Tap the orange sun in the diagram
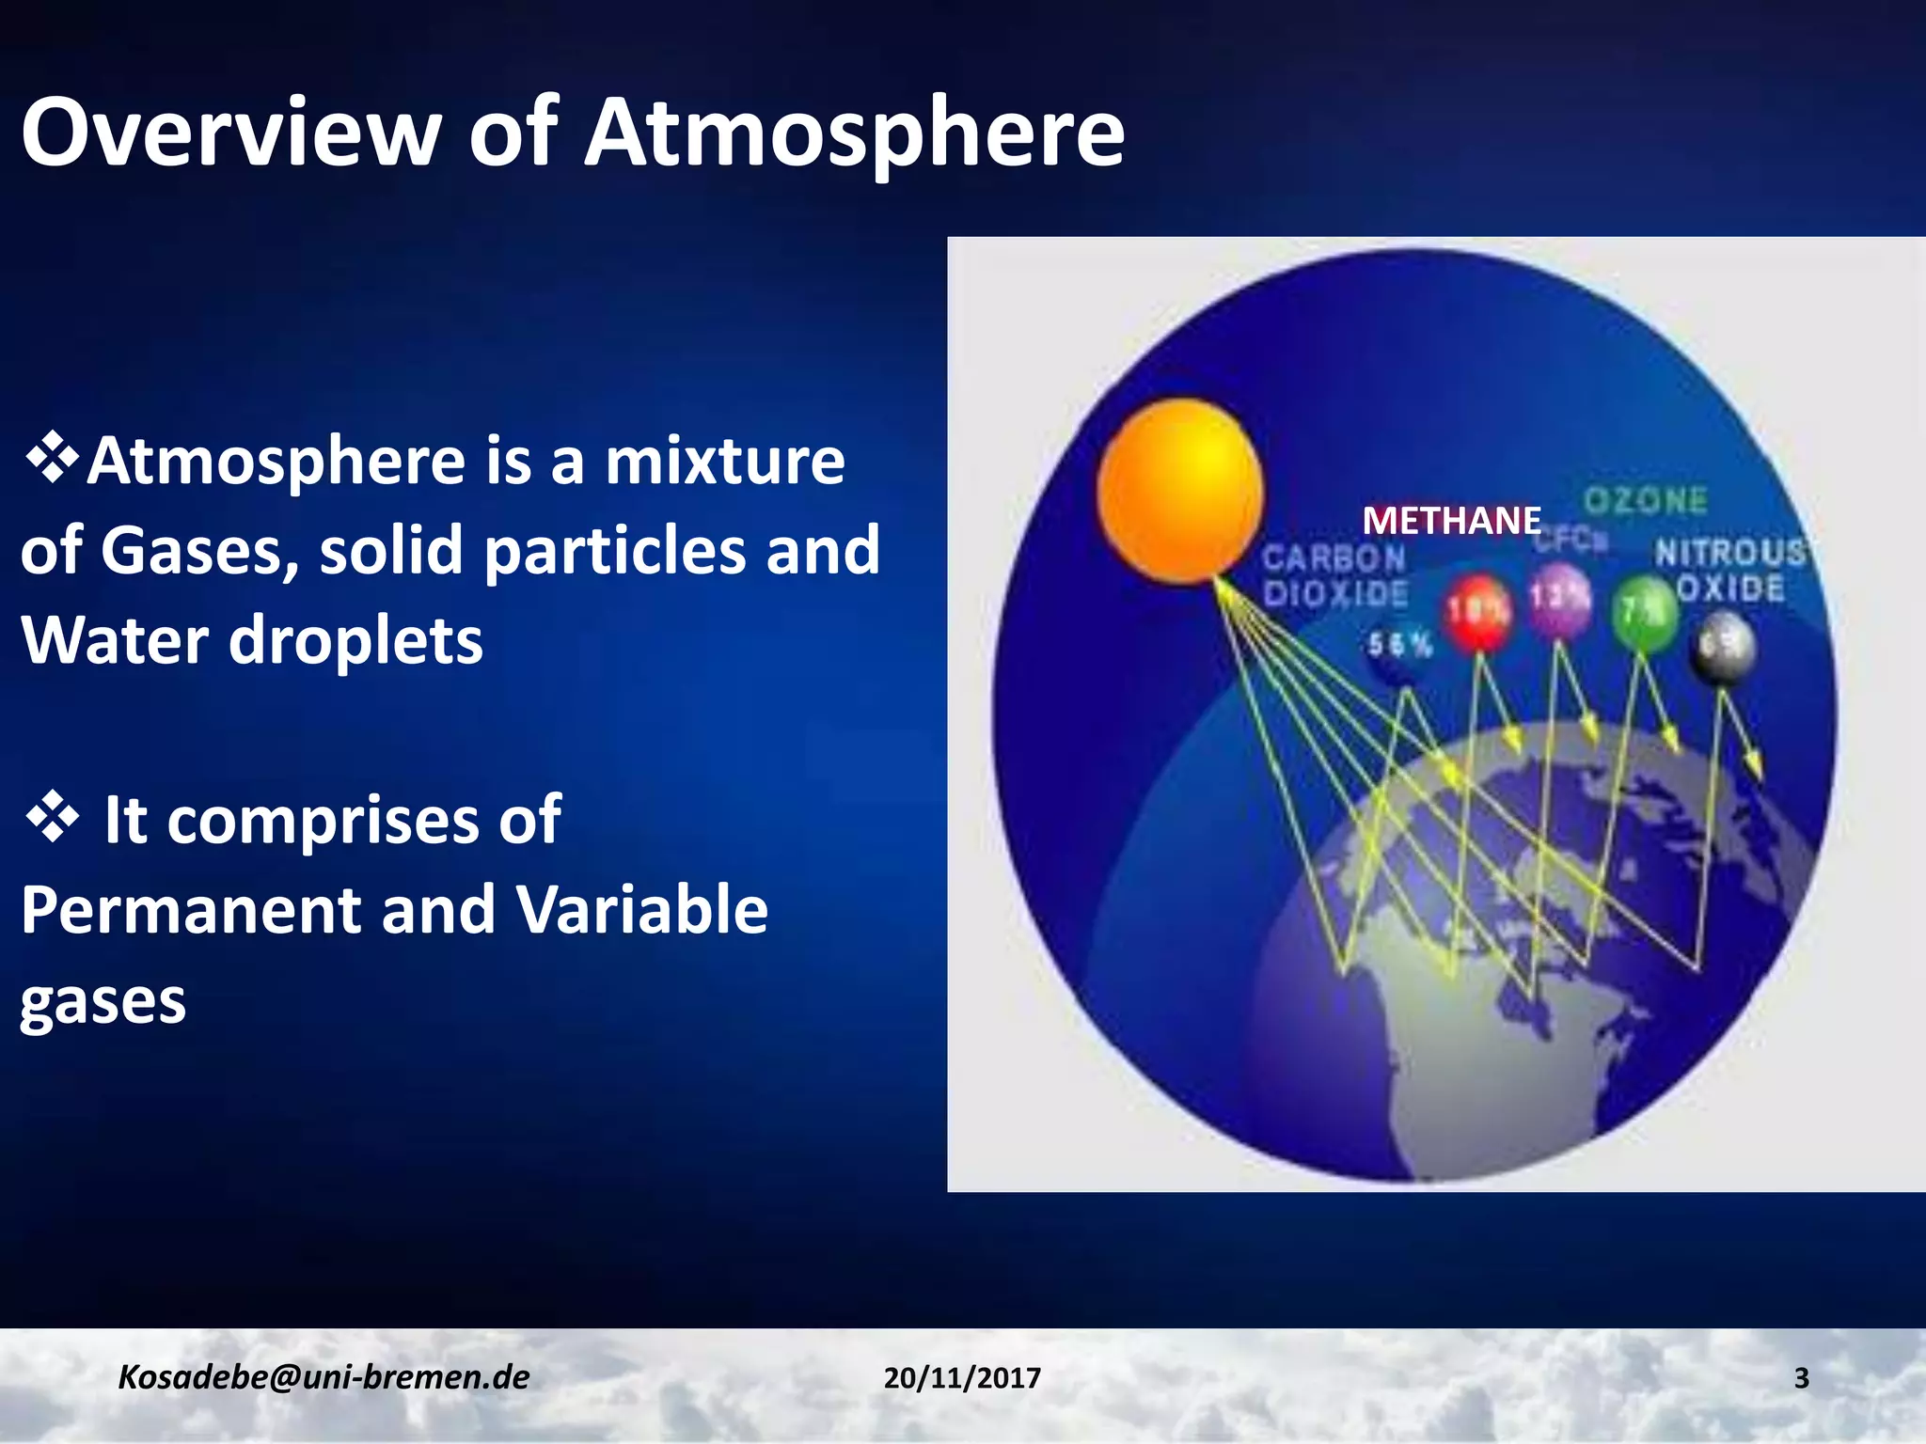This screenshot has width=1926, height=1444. pyautogui.click(x=1180, y=490)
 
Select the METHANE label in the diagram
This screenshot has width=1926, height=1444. pyautogui.click(x=1451, y=521)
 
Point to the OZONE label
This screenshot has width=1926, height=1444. pyautogui.click(x=1645, y=500)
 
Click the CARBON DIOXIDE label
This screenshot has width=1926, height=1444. pyautogui.click(x=1334, y=575)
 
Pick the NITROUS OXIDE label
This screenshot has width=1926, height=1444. pyautogui.click(x=1729, y=570)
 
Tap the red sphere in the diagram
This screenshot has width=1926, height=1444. pyautogui.click(x=1477, y=612)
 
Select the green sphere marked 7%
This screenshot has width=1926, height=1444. pyautogui.click(x=1644, y=614)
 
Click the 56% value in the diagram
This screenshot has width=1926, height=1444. pyautogui.click(x=1398, y=645)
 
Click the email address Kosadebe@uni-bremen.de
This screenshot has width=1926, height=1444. pyautogui.click(x=324, y=1377)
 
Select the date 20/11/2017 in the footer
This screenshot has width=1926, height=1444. pyautogui.click(x=962, y=1378)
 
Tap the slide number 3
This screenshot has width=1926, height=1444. pyautogui.click(x=1801, y=1378)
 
